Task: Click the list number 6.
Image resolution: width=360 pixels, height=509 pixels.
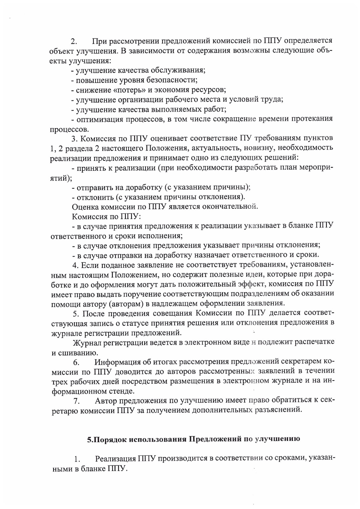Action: (x=76, y=363)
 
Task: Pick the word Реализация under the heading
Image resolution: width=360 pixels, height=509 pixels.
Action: (x=116, y=458)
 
